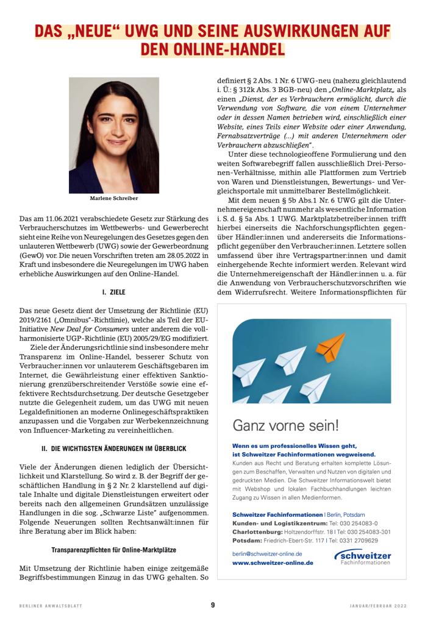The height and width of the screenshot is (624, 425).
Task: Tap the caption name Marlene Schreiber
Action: [x=113, y=198]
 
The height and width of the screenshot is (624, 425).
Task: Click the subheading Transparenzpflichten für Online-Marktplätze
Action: [x=113, y=551]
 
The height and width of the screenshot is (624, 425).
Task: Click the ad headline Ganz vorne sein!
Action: [x=285, y=425]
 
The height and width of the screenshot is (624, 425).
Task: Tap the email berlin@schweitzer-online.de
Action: [x=268, y=553]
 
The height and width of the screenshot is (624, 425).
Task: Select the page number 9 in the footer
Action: [x=213, y=605]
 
